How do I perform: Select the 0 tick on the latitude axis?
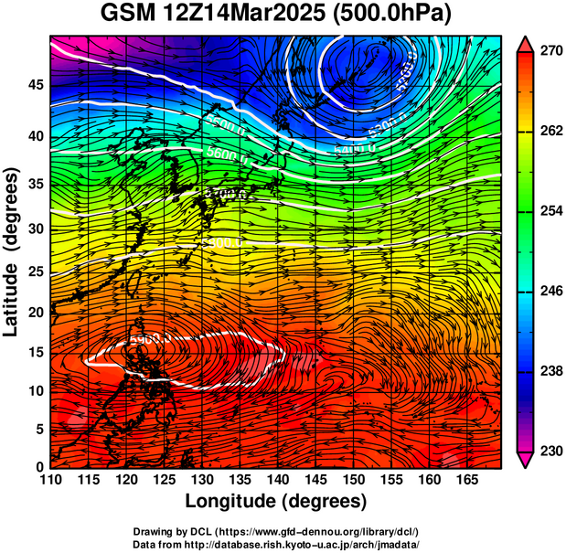tap(39, 467)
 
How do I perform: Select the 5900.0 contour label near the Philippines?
tap(150, 340)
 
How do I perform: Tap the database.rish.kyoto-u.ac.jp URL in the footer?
tap(303, 543)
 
